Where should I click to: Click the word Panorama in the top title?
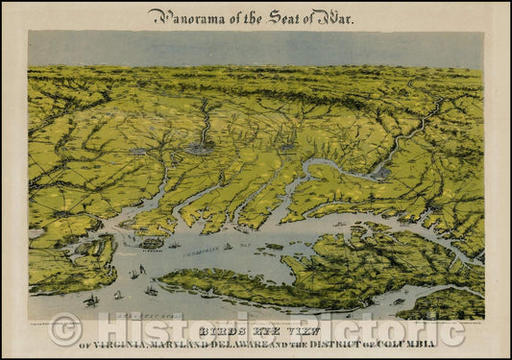[183, 16]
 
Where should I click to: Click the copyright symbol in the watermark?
[65, 331]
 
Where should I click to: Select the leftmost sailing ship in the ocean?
[91, 300]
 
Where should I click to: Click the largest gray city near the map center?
[200, 149]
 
